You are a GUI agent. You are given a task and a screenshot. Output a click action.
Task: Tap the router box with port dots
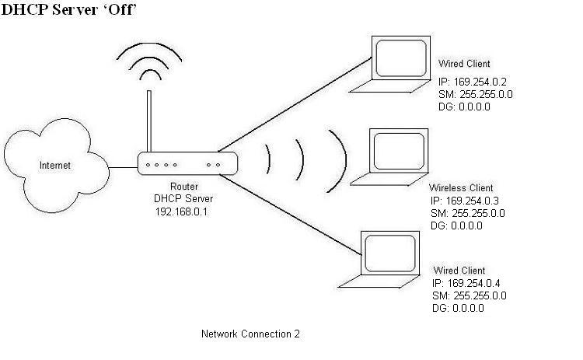pos(186,165)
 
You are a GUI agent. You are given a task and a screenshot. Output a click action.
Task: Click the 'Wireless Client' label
pos(461,189)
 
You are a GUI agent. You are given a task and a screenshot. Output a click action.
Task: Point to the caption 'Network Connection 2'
pos(250,334)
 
